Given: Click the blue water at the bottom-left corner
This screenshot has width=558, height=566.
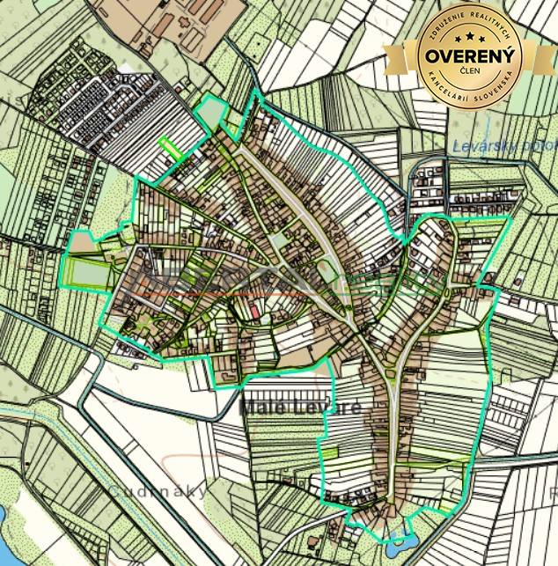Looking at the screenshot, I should (4, 519).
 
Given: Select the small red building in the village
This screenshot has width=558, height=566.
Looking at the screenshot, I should (254, 312).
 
